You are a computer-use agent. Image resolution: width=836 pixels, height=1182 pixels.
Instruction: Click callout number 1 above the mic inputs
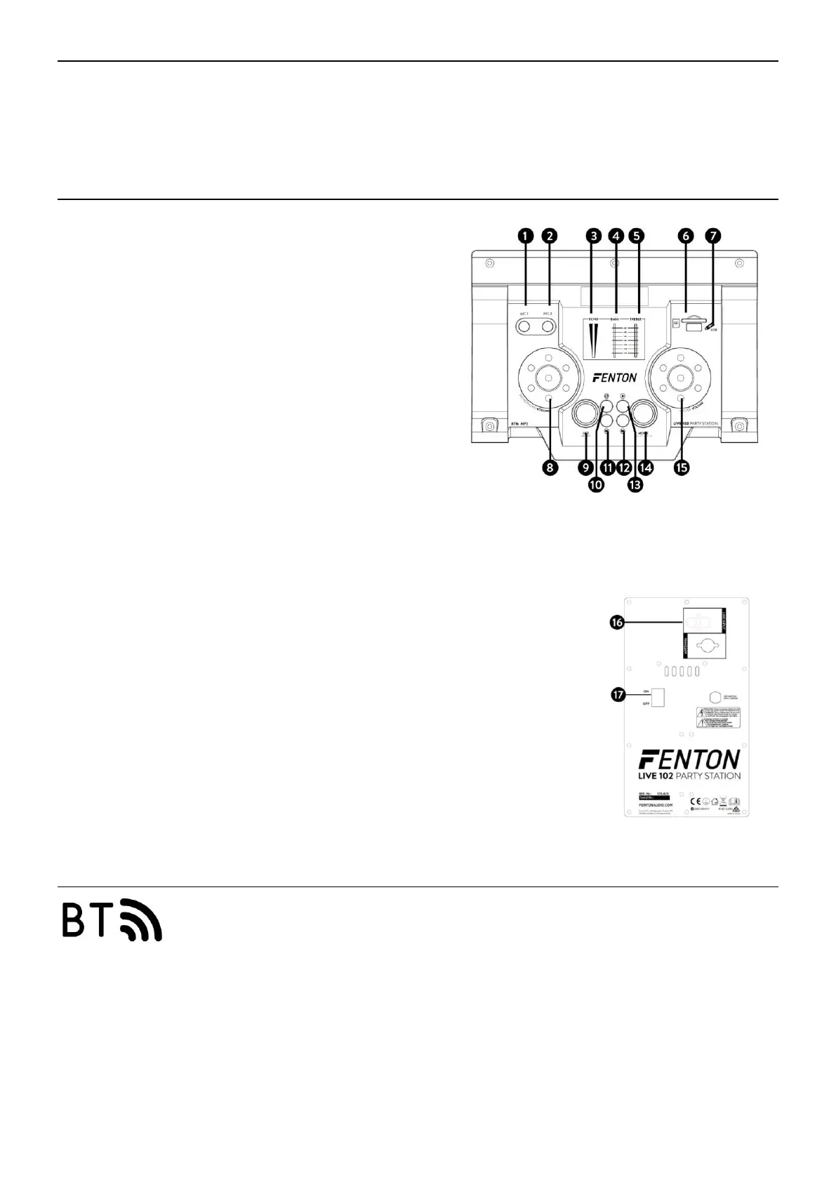[x=525, y=237]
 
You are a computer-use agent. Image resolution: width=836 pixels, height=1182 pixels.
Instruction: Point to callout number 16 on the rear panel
[x=617, y=622]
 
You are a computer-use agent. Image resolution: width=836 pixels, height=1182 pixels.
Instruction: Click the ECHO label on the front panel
[x=594, y=320]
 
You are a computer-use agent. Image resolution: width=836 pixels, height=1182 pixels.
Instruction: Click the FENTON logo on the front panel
[x=615, y=378]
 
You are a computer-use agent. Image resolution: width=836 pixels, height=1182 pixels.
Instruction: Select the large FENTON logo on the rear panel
[x=689, y=759]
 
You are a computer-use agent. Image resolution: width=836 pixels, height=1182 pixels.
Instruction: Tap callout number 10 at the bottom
[x=596, y=485]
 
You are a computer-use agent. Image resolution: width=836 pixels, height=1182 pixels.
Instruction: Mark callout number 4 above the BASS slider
[x=616, y=237]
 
